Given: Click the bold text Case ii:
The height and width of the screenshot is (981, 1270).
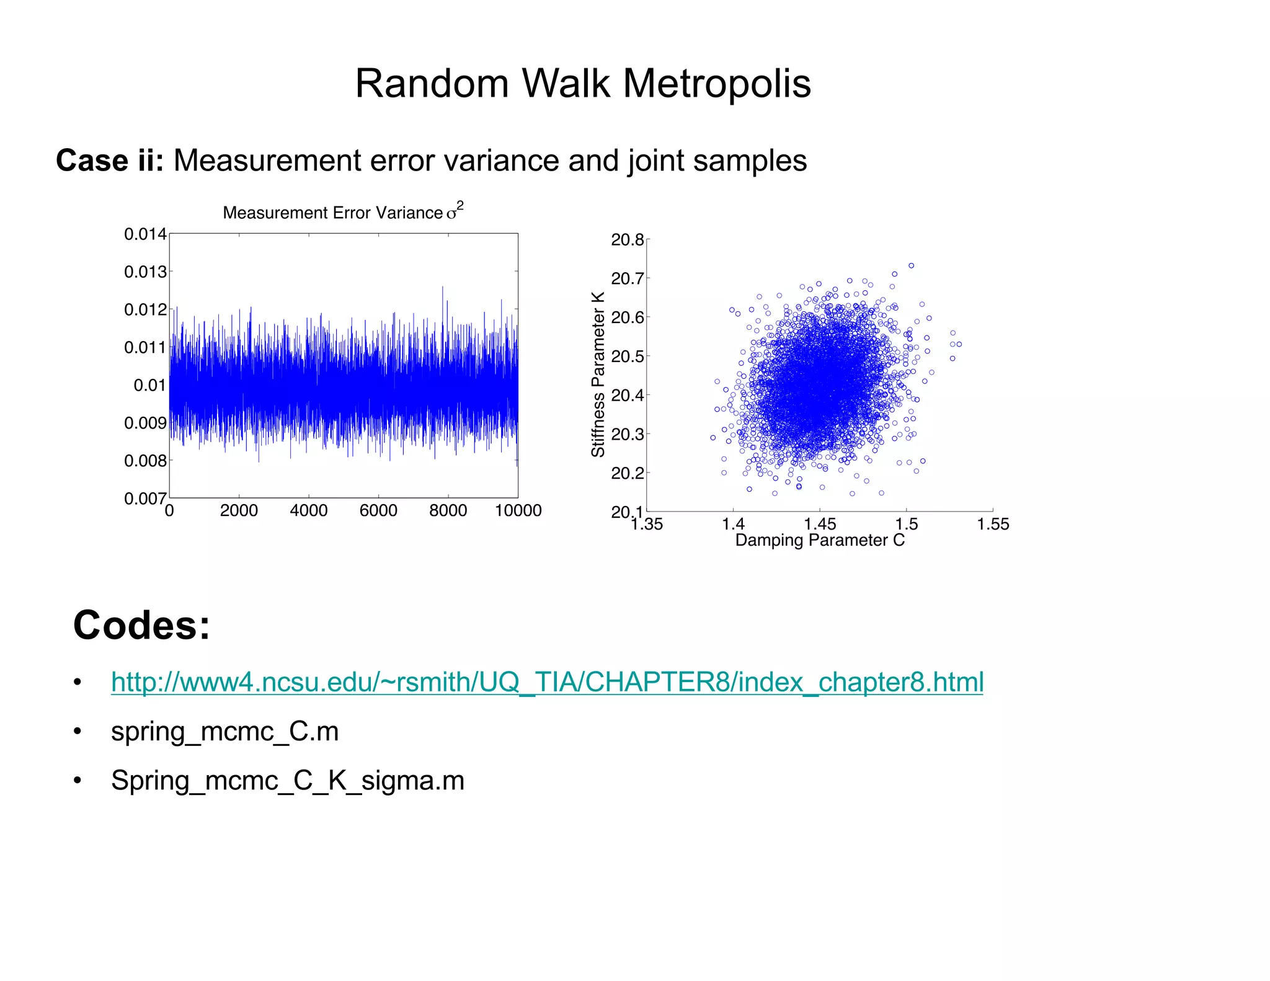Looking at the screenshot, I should (x=110, y=161).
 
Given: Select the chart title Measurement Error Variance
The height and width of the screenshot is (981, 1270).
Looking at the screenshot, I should (x=333, y=213).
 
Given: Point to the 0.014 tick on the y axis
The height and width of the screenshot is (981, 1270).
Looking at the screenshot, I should (x=145, y=234).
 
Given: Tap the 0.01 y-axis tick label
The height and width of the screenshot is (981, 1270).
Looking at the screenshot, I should (x=149, y=385).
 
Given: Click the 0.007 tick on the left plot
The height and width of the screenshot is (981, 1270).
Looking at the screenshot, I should (x=145, y=499).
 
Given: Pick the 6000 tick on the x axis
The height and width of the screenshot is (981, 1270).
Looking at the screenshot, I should (x=378, y=510).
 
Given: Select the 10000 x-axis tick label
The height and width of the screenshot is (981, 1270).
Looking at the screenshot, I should (x=518, y=510).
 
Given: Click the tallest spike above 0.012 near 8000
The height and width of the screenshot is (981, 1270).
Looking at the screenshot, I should (x=443, y=288).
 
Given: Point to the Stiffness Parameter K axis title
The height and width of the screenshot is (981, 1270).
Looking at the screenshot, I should (x=598, y=375).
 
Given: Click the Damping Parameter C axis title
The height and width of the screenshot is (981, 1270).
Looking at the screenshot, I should (x=820, y=540).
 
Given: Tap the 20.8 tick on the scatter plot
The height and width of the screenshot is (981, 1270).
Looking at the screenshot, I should (x=627, y=240).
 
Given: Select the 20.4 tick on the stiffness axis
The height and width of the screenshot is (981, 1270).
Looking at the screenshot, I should (x=627, y=395).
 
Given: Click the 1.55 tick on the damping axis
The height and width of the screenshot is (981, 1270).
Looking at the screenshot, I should (x=993, y=525).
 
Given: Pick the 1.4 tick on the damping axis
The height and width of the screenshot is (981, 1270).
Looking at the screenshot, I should (x=733, y=525).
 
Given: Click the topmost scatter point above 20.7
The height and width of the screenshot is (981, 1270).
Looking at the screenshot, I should (x=911, y=265).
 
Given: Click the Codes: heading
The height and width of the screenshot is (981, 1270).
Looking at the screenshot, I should (x=141, y=624).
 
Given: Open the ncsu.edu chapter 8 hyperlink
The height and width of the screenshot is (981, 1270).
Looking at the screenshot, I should (x=547, y=682).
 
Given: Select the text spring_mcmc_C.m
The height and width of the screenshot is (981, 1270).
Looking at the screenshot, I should (x=224, y=732).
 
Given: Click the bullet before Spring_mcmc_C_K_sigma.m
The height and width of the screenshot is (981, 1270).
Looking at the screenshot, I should (x=78, y=781).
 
